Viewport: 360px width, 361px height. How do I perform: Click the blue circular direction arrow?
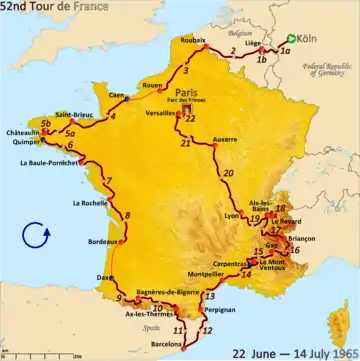point(35,236)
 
